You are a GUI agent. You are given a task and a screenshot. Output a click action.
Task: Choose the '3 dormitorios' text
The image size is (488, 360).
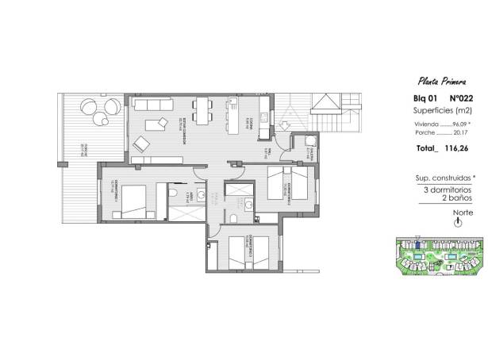point(440,190)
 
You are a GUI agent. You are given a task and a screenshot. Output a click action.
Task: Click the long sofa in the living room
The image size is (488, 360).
point(152,104)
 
